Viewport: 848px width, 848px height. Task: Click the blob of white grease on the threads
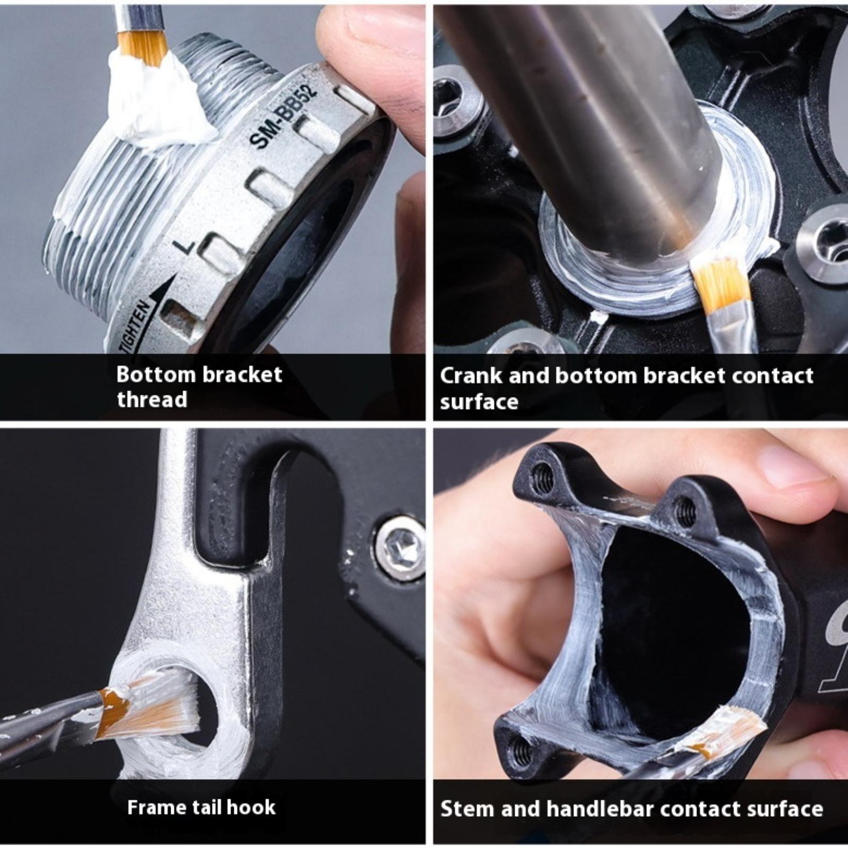click(x=154, y=101)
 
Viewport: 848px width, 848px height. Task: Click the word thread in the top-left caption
click(x=152, y=399)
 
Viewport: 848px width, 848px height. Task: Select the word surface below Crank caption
click(x=479, y=401)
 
